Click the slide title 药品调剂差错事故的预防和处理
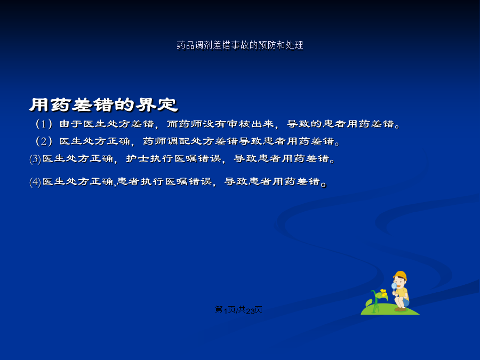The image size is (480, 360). (x=240, y=45)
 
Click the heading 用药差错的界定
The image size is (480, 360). (x=103, y=105)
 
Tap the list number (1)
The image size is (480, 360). (x=44, y=124)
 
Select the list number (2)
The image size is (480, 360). (x=44, y=141)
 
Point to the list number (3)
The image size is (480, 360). (x=35, y=159)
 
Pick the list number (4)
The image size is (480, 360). (x=35, y=182)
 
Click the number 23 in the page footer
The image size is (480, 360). (x=250, y=311)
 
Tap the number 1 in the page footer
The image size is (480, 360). (x=226, y=311)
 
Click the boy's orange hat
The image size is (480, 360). (x=400, y=275)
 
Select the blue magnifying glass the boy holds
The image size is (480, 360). (x=394, y=286)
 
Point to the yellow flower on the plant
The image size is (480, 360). (x=383, y=292)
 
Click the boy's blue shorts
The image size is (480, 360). (x=406, y=303)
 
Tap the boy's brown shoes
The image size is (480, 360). (x=400, y=309)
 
